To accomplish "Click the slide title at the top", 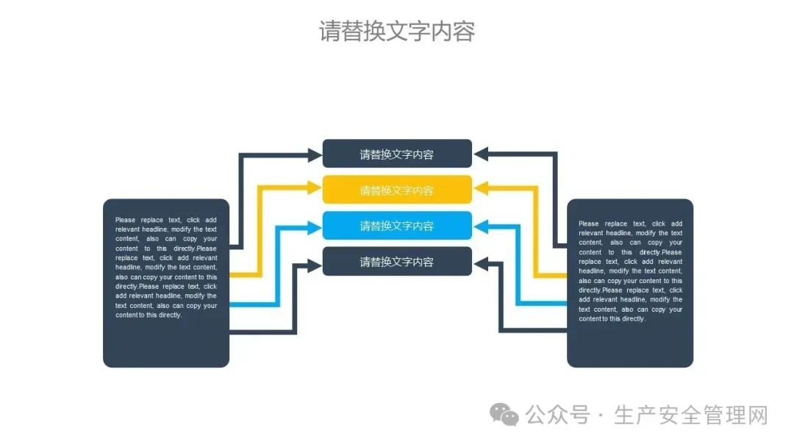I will [397, 32].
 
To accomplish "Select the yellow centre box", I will [397, 190].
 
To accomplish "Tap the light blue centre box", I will [397, 226].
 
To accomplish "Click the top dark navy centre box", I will [397, 154].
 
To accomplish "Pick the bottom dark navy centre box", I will [397, 262].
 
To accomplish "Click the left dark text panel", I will [166, 283].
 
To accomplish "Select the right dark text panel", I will [630, 283].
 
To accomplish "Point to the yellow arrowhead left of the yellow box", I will [314, 190].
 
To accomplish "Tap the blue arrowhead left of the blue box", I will [314, 226].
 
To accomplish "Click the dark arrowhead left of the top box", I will [314, 154].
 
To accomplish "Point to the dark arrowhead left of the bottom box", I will [314, 262].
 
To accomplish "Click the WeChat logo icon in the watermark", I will [505, 415].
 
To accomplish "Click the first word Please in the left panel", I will [126, 220].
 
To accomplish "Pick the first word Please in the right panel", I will [589, 223].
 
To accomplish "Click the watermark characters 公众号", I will [557, 415].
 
